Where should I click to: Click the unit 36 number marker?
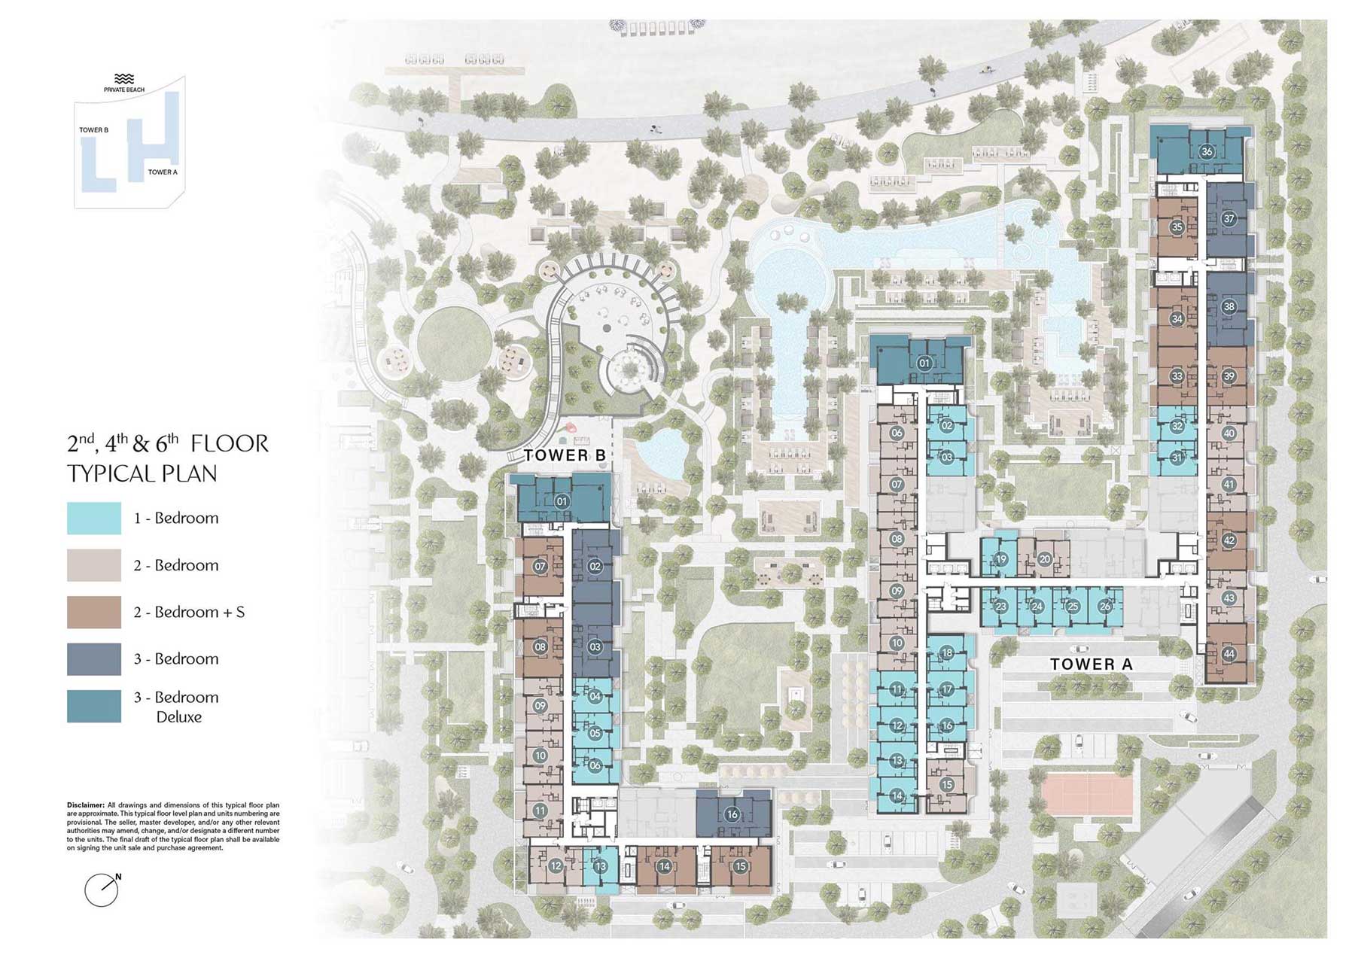click(x=1207, y=151)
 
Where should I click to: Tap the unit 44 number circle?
click(x=1229, y=654)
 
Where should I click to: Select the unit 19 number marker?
click(x=1001, y=559)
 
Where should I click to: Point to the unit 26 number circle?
click(x=1105, y=606)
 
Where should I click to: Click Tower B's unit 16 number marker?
click(x=732, y=814)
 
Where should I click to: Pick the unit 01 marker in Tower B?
click(x=562, y=501)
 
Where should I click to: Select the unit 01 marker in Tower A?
click(x=924, y=363)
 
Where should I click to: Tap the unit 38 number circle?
click(x=1229, y=306)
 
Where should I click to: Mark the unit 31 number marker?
click(x=1177, y=457)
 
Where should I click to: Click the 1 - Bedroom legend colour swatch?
click(x=94, y=519)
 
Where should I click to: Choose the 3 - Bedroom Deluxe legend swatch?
click(x=94, y=706)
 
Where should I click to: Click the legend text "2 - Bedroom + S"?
click(x=189, y=612)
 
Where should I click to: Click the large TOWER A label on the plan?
click(x=1092, y=664)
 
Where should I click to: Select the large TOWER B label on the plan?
click(x=565, y=455)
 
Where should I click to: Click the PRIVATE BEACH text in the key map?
click(x=124, y=90)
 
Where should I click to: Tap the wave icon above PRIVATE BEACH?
click(x=124, y=79)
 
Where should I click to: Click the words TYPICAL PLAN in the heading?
click(x=142, y=473)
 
